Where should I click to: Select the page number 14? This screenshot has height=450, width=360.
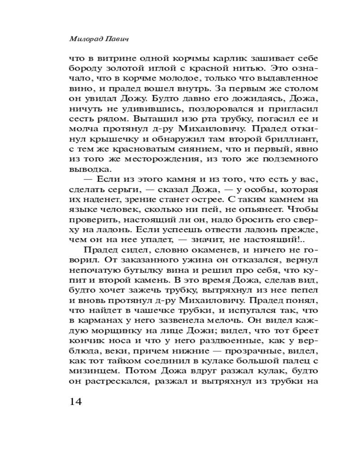(76, 401)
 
